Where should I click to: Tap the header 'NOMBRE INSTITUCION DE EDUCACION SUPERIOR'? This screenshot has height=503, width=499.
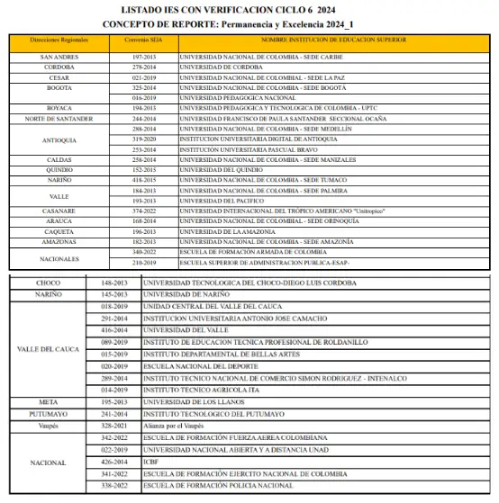(333, 40)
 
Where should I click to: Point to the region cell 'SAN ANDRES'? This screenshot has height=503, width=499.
(59, 58)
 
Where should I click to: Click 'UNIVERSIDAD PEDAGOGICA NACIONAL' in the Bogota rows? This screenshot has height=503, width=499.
(238, 98)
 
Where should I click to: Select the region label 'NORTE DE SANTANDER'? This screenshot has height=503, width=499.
(59, 119)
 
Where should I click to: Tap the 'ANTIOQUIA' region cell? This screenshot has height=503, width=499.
(59, 139)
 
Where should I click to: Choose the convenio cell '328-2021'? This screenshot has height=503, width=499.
(114, 422)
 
